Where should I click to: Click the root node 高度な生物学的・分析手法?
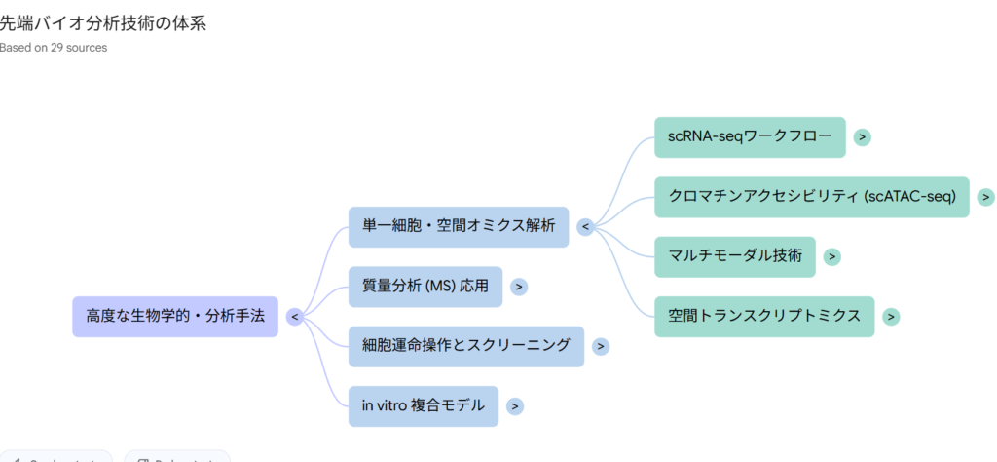[175, 317]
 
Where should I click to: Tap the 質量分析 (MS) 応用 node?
[425, 287]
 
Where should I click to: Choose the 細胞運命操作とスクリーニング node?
[466, 346]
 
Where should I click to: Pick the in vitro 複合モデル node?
[424, 406]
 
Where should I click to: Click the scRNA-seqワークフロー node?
[750, 137]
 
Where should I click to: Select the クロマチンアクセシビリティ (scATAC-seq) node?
[812, 197]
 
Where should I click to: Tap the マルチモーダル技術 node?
[735, 256]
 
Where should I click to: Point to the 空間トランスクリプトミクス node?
[764, 317]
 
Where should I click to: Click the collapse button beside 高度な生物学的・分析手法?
[294, 317]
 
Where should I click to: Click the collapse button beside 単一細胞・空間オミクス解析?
[585, 227]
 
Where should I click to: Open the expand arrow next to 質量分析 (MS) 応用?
[519, 287]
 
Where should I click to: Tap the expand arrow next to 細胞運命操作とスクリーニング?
[601, 346]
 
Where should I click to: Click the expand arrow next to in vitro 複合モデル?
[515, 406]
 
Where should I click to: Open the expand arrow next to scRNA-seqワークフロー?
[863, 137]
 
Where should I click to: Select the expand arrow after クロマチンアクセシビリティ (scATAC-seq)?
[985, 197]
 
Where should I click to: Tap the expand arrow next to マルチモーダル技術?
[831, 256]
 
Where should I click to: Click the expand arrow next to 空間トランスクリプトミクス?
[891, 317]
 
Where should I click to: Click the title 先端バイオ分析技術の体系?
[103, 23]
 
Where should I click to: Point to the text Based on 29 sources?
[54, 47]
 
